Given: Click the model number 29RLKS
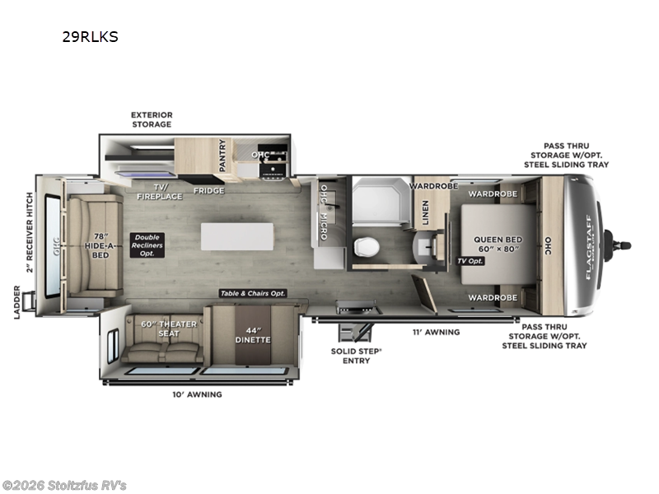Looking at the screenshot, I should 90,37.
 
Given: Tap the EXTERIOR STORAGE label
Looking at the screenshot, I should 152,119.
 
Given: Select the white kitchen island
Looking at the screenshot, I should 237,235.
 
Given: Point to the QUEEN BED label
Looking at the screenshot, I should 499,245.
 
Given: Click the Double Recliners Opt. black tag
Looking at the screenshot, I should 147,245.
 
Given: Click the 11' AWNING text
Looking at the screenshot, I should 437,332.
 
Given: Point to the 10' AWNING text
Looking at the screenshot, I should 198,394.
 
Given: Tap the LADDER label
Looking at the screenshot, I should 18,303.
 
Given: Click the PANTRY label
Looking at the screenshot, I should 222,156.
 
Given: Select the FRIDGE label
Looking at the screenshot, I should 209,190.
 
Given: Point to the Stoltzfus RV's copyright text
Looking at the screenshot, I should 65,485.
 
